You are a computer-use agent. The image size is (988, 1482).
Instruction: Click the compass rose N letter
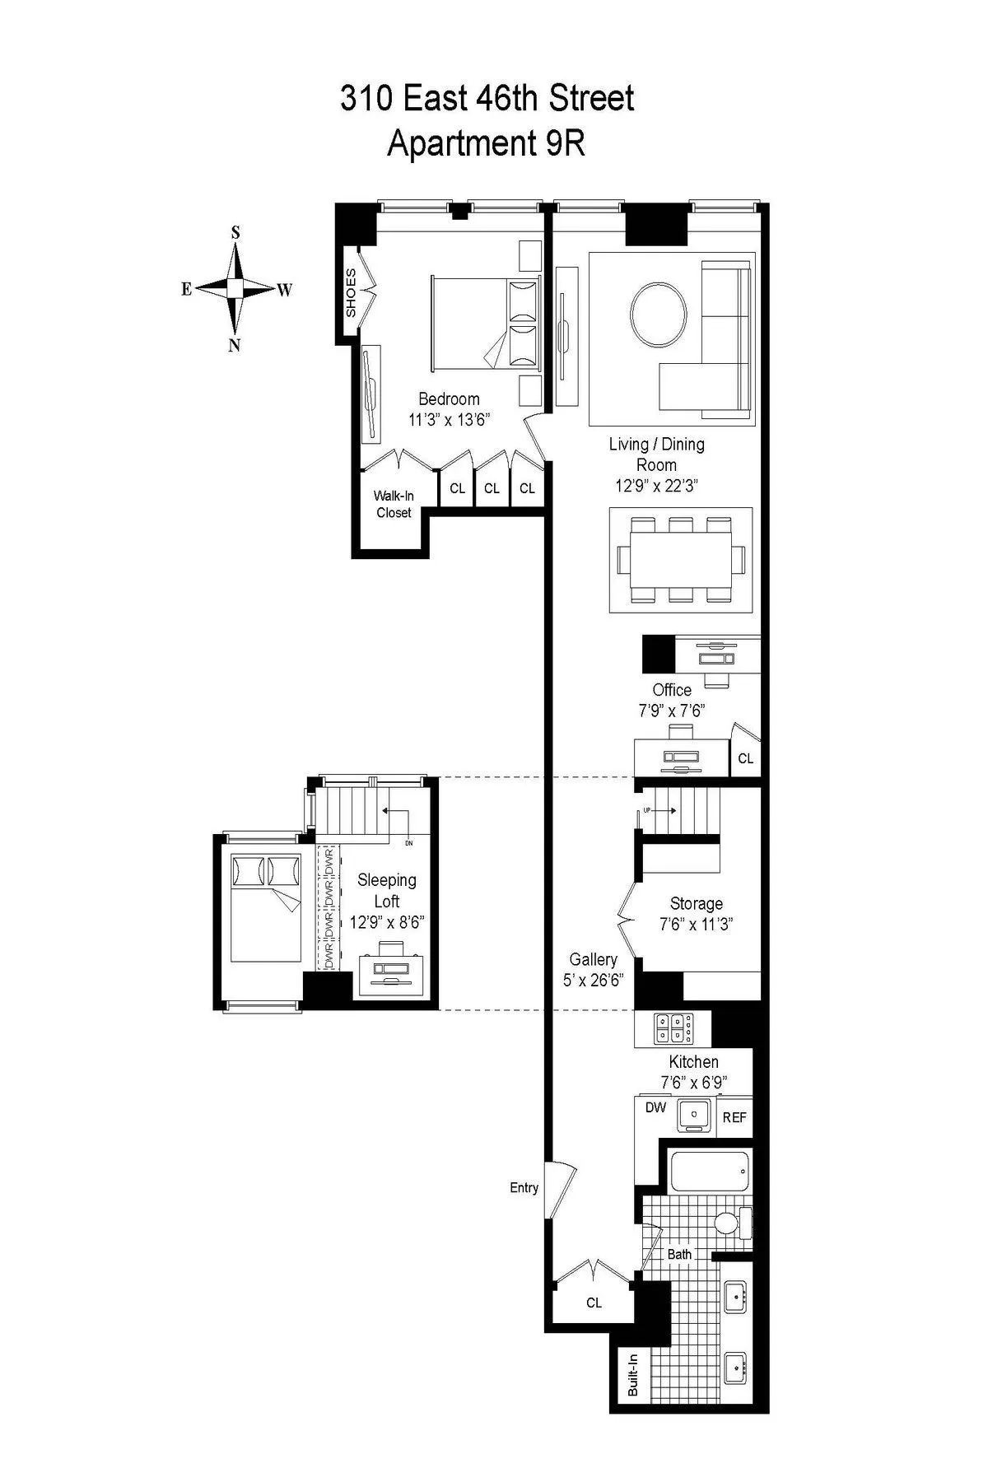[235, 346]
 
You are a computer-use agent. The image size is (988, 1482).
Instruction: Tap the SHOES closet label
[351, 292]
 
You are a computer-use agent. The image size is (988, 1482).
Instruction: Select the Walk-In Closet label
[394, 504]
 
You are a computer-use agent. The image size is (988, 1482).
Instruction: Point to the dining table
[680, 560]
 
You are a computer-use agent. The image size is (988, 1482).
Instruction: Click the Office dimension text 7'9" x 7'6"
[672, 711]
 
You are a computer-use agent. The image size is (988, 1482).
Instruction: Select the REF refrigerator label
[734, 1117]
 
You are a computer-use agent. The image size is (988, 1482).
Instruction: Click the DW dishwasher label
[655, 1107]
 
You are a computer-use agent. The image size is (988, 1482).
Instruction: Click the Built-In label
[633, 1376]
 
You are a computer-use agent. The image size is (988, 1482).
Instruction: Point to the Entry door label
[524, 1187]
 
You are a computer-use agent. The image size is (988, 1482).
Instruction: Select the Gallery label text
[593, 959]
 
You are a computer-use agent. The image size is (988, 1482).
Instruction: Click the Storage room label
[696, 903]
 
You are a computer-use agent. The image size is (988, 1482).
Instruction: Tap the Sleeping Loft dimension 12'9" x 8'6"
[386, 922]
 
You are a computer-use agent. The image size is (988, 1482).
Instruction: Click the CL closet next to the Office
[745, 758]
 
